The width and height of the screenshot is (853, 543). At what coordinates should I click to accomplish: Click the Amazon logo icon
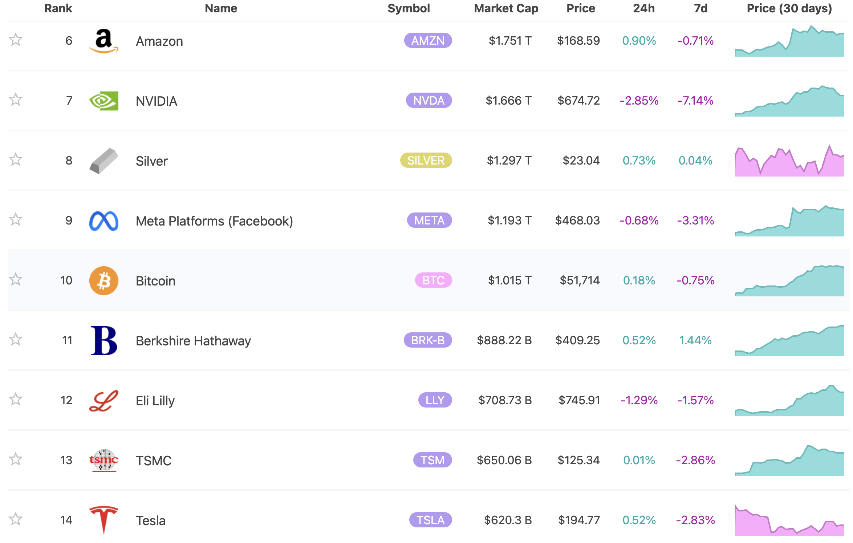click(103, 41)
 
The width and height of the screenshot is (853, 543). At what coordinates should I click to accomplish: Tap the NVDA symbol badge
click(428, 101)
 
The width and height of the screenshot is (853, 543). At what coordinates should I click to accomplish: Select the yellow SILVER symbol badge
click(426, 161)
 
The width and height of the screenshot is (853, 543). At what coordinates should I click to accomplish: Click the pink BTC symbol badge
click(433, 280)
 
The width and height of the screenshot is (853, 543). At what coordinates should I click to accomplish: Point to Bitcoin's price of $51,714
click(579, 280)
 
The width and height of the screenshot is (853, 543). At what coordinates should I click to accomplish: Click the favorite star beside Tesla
click(16, 519)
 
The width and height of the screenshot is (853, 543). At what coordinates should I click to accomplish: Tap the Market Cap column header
click(506, 8)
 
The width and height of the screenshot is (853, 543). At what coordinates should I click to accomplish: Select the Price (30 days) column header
click(789, 8)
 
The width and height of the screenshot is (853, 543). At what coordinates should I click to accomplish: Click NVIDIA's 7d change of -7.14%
click(695, 101)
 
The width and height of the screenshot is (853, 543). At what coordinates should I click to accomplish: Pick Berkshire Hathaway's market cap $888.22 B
click(504, 340)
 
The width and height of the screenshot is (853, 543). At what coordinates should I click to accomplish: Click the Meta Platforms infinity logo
click(103, 221)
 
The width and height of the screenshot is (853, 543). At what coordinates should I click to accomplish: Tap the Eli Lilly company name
click(155, 401)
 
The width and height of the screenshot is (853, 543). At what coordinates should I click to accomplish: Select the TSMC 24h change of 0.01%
click(639, 460)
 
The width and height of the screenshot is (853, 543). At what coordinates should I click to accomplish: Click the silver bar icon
click(103, 161)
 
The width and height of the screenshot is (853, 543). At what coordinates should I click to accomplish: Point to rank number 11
click(67, 340)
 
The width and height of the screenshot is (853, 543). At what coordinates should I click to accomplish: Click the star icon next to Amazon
click(16, 40)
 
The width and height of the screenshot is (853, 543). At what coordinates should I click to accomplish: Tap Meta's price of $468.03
click(577, 220)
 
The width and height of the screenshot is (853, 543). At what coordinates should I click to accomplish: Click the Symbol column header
click(409, 8)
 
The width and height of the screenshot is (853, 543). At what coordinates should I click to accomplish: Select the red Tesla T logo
click(103, 519)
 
